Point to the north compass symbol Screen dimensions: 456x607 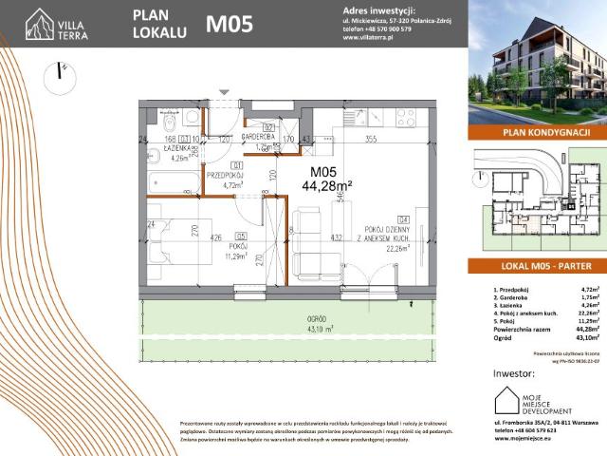63,71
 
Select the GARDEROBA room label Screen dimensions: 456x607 257,137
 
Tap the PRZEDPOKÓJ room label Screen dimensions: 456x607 227,178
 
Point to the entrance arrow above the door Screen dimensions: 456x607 224,92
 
